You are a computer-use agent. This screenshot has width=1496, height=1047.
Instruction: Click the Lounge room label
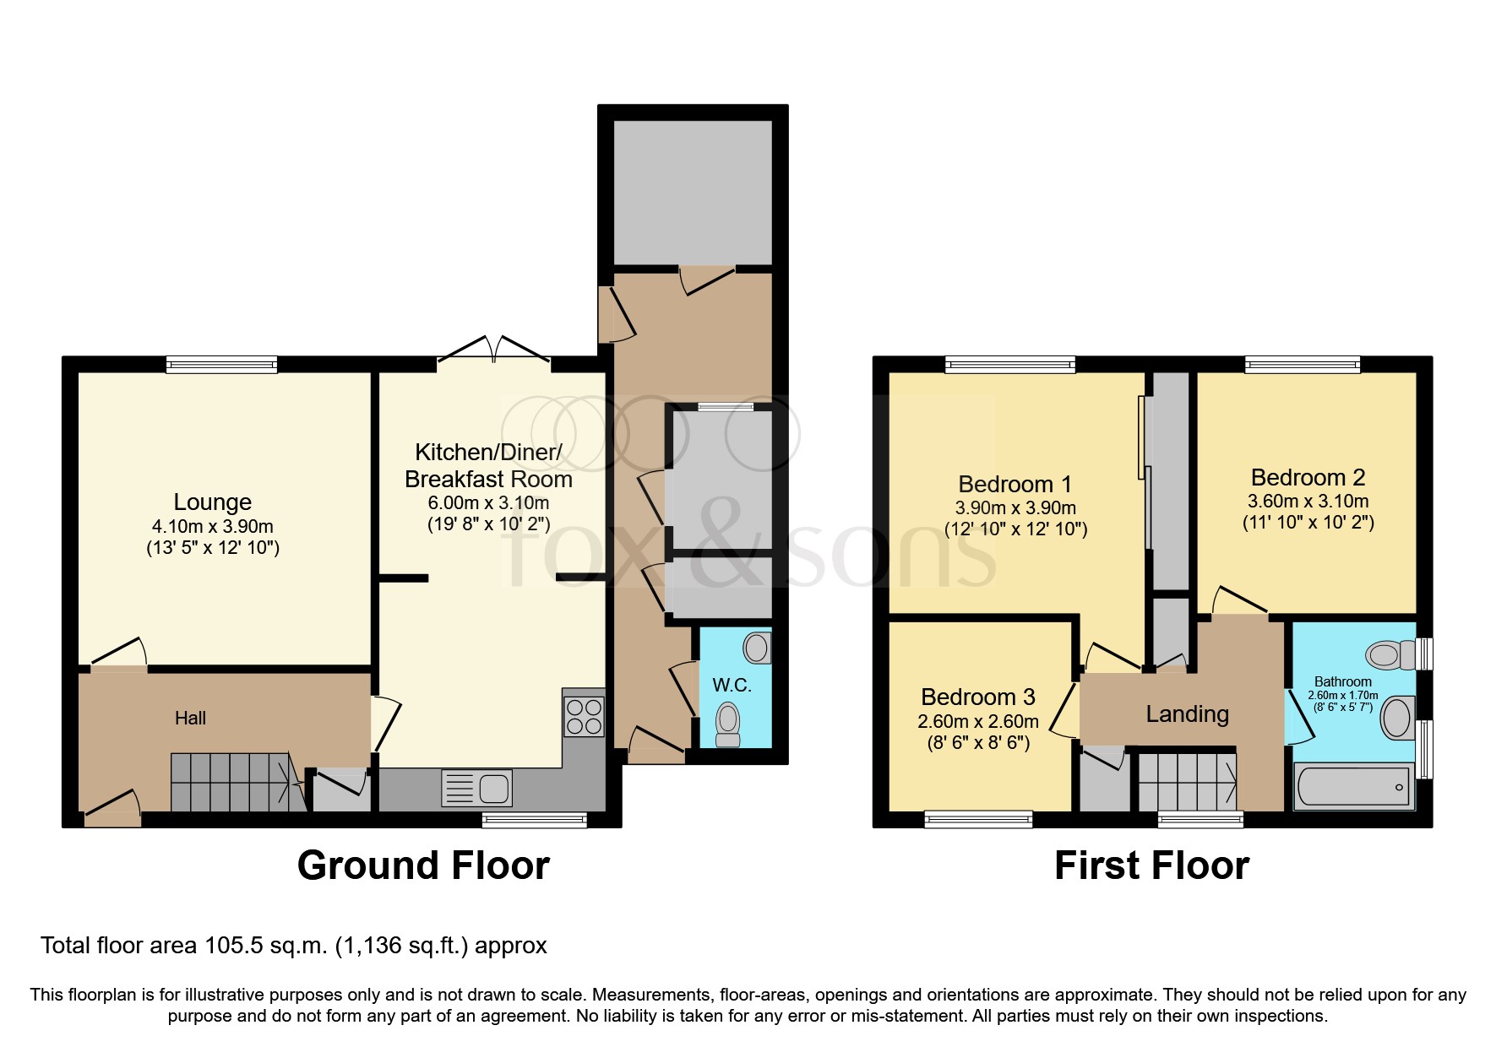coord(213,502)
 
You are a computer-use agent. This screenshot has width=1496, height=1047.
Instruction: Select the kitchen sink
coord(476,789)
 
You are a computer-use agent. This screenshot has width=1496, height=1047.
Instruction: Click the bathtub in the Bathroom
coord(1354,785)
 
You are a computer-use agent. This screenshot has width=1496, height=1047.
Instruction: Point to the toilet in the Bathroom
coord(1390,654)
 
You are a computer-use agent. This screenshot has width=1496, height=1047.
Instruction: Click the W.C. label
coord(732,685)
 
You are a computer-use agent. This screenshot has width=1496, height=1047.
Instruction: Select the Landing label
coord(1187,714)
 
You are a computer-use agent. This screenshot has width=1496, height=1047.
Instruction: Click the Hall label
coord(190,718)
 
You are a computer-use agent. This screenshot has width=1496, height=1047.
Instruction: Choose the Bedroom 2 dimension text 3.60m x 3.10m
coord(1308,501)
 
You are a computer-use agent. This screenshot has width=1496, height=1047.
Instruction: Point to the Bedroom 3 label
coord(977,697)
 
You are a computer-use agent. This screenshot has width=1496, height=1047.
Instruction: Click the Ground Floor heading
coord(423,865)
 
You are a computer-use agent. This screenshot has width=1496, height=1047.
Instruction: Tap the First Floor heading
coord(1151,865)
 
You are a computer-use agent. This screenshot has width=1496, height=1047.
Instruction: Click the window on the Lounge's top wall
coord(222,365)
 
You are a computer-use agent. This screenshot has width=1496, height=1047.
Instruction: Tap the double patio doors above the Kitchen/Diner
coord(494,354)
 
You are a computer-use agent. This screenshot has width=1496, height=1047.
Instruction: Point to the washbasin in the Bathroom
coord(1398,718)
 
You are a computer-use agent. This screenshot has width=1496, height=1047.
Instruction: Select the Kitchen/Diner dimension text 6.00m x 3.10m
coord(488,503)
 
